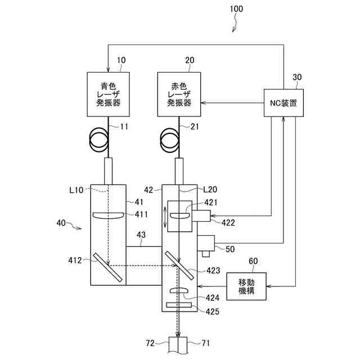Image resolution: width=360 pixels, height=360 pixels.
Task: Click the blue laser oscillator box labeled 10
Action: (x=108, y=94)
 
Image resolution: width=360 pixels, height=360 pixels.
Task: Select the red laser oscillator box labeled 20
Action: (x=179, y=94)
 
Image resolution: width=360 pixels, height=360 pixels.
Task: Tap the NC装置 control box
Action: (x=283, y=103)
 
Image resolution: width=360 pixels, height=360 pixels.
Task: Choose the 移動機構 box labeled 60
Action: (x=246, y=286)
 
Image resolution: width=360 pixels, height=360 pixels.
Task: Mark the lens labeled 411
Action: (x=108, y=215)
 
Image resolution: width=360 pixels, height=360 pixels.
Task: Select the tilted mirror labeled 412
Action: (x=107, y=267)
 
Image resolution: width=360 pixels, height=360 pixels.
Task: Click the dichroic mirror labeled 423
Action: (x=180, y=265)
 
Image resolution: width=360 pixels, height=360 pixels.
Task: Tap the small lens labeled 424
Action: (x=179, y=290)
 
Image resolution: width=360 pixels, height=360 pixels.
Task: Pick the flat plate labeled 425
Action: (x=179, y=305)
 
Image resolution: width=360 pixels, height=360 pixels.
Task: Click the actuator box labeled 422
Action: (x=201, y=216)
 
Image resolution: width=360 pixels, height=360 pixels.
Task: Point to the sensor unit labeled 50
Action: (x=206, y=245)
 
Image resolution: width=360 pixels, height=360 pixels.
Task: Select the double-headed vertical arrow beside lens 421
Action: (x=165, y=217)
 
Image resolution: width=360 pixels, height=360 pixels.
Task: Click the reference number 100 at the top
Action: (x=236, y=9)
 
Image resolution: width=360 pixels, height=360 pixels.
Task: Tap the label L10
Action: (x=76, y=190)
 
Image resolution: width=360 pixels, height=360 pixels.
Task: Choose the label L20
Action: (x=210, y=190)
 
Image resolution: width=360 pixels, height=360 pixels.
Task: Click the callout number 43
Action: (x=141, y=235)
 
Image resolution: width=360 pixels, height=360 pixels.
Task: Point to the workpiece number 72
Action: (x=150, y=343)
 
